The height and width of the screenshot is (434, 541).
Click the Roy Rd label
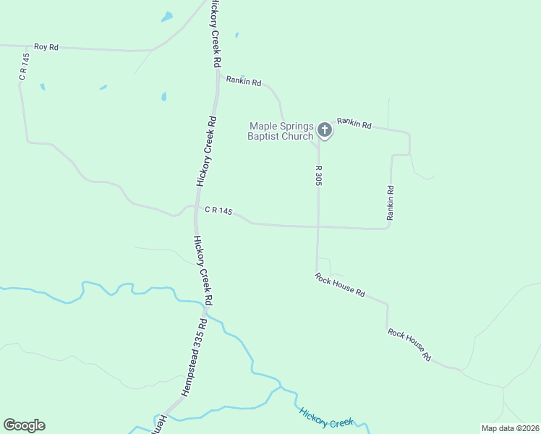pos(45,46)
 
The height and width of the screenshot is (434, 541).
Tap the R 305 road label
pos(318,176)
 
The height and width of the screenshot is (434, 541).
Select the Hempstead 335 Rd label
pos(191,357)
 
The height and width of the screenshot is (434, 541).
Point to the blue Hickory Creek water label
pos(325,418)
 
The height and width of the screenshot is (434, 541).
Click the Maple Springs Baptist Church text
pos(281,131)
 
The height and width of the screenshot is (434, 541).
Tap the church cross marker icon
pos(325,130)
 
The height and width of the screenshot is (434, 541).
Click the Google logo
pos(24,425)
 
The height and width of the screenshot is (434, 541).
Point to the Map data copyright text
pos(511,428)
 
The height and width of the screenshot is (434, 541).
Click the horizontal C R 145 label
pos(218,210)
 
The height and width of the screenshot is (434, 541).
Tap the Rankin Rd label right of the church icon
pos(354,124)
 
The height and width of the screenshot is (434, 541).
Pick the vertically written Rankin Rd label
pos(391,203)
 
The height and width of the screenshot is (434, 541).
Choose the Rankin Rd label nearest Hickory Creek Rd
pos(244,82)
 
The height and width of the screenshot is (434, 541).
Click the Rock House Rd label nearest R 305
pos(340,284)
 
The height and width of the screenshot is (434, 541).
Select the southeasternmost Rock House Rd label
pos(409,344)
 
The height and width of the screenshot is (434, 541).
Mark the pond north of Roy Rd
pos(167,16)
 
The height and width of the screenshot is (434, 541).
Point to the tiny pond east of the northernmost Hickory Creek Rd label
pos(237,35)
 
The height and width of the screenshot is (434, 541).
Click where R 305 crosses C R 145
pos(318,227)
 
